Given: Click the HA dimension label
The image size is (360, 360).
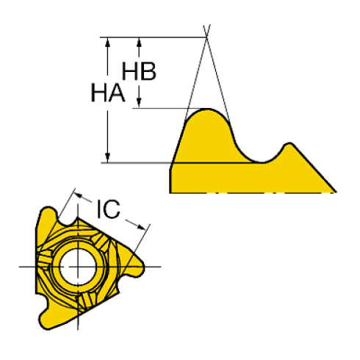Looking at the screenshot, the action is click(108, 93).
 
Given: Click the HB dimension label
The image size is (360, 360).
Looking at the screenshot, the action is click(139, 71).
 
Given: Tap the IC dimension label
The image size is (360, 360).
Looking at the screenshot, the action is click(109, 209).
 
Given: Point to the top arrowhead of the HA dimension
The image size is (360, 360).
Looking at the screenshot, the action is click(107, 42).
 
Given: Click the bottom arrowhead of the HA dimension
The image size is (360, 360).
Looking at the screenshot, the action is click(107, 158).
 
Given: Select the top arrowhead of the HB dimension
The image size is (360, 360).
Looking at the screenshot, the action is click(139, 42).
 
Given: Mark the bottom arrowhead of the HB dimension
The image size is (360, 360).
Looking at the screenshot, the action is click(139, 103).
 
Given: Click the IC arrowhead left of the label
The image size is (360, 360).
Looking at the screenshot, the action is click(79, 195).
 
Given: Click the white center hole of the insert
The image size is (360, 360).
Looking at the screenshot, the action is click(78, 267).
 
